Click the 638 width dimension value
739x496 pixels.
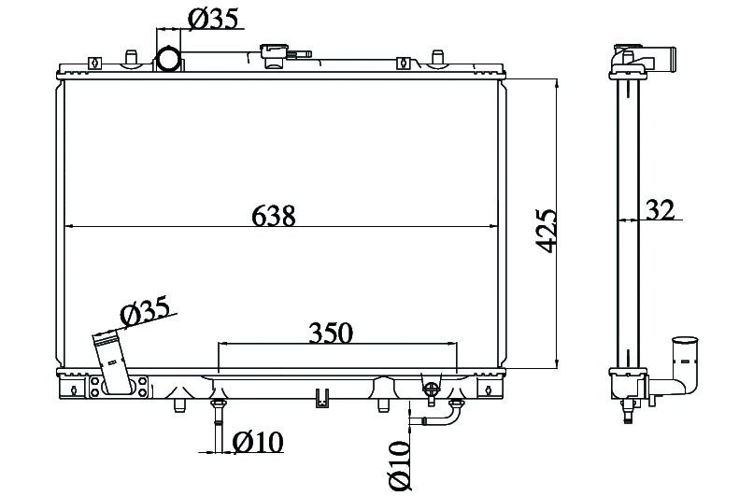[x=274, y=216]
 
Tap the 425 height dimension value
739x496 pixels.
[x=546, y=231]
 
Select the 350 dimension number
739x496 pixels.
[x=331, y=333]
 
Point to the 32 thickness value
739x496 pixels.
[x=660, y=210]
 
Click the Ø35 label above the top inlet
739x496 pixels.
[x=213, y=19]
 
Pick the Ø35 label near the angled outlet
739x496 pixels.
[x=145, y=311]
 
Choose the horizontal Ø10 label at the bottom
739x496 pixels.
[x=258, y=442]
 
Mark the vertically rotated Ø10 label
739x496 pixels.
[x=401, y=465]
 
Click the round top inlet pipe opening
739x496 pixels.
[x=168, y=59]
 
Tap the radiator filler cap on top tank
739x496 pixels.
[x=275, y=55]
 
